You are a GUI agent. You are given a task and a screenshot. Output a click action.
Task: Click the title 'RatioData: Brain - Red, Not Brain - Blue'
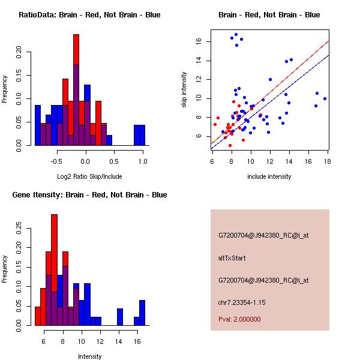(89, 15)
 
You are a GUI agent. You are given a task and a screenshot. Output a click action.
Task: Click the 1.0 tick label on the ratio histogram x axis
(142, 161)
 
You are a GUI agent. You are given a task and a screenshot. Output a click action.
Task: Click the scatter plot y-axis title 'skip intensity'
(184, 90)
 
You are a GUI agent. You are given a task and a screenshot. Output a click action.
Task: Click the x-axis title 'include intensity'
(269, 176)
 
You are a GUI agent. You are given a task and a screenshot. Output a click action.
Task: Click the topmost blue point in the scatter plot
(236, 35)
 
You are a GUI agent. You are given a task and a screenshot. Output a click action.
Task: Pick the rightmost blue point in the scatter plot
(325, 98)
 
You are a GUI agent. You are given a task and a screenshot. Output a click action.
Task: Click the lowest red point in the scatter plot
(230, 145)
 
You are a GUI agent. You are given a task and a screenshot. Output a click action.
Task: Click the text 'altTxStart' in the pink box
(232, 258)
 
